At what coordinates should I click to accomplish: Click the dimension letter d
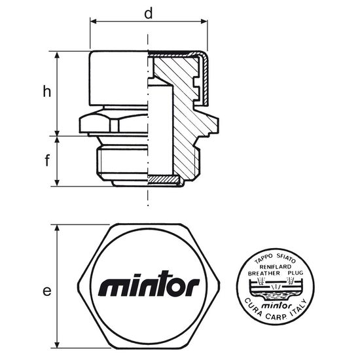point(149,14)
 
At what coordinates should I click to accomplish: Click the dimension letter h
point(47,91)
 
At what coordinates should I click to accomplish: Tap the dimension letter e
point(47,291)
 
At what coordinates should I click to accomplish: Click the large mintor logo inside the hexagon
point(149,283)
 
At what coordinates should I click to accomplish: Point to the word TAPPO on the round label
point(263,259)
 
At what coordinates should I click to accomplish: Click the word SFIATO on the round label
point(286,258)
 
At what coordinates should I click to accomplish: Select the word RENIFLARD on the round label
point(276,267)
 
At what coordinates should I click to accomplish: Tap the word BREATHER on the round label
point(264,273)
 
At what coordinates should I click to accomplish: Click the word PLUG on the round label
point(295,273)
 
